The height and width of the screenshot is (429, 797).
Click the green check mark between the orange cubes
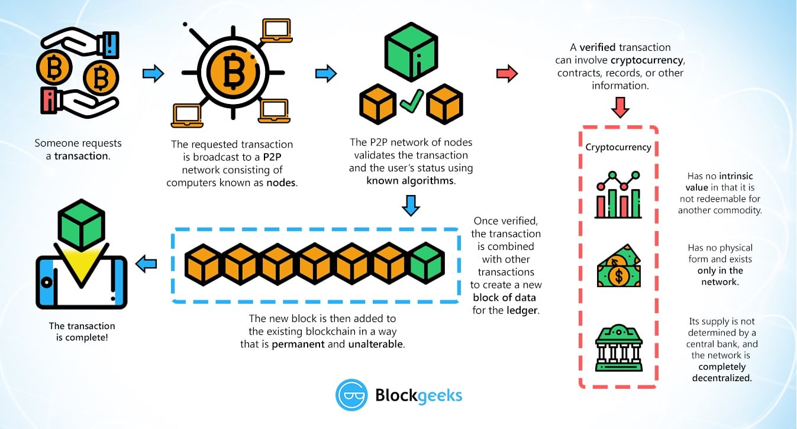[411, 102]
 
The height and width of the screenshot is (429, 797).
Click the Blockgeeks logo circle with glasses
[351, 395]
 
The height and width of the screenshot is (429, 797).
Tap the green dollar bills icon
[618, 271]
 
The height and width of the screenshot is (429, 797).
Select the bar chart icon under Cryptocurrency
[618, 195]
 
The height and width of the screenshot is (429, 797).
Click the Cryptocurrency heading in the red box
[618, 147]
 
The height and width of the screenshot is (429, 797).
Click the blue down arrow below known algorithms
[411, 204]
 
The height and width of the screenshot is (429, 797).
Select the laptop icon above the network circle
[276, 31]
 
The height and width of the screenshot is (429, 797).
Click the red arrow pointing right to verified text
[506, 74]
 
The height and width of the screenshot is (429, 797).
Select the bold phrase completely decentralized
[722, 372]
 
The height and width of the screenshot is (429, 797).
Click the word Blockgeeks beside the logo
[419, 395]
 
